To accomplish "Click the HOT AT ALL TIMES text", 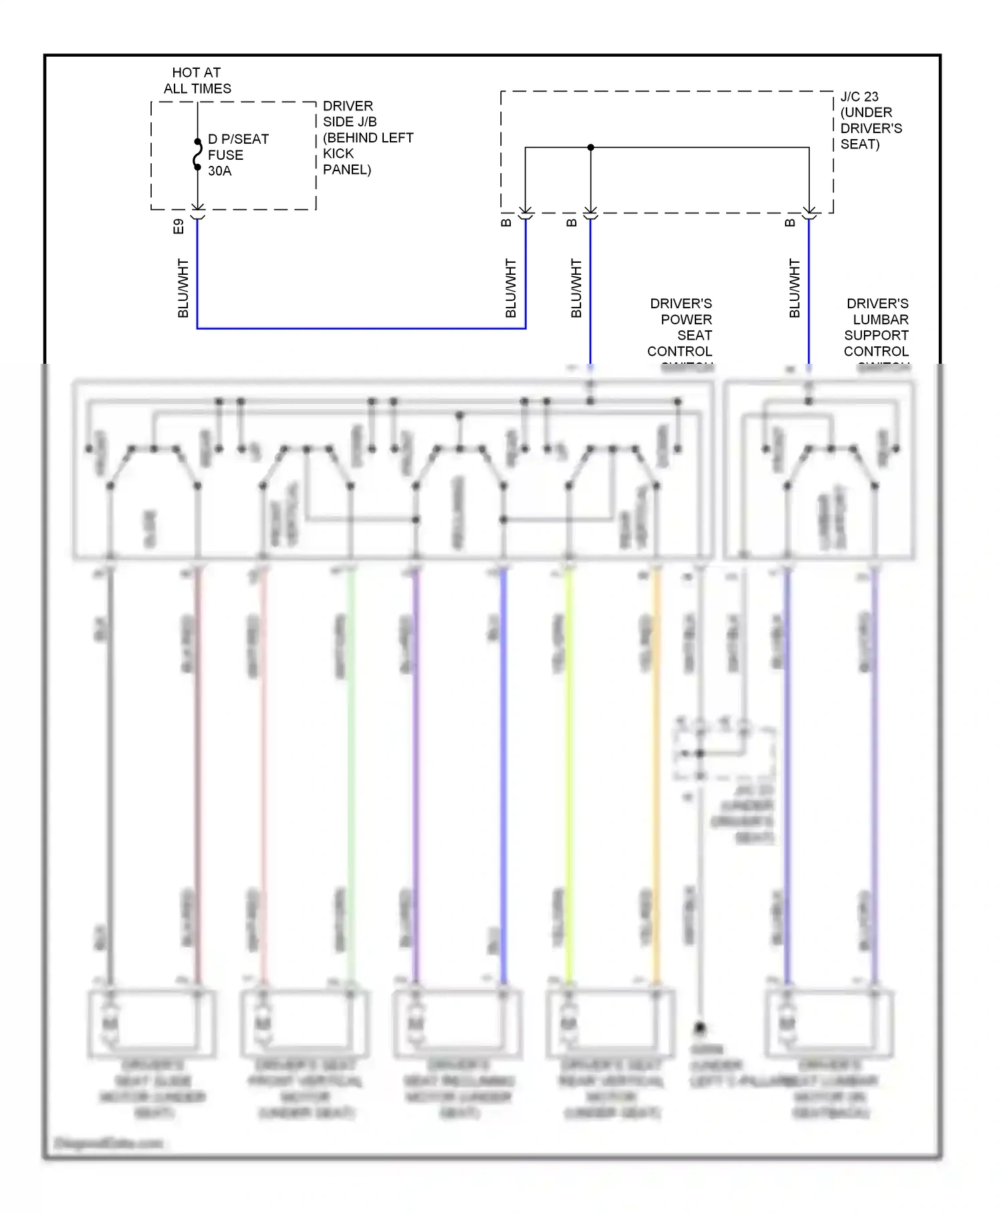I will pos(197,80).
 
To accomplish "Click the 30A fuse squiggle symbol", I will pos(197,154).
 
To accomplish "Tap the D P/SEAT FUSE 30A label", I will pos(237,154).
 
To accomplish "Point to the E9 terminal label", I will pos(178,226).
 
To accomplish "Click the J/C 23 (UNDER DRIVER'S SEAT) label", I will pos(871,120).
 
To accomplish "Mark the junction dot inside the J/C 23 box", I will pos(590,147).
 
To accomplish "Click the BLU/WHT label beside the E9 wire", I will pos(183,288).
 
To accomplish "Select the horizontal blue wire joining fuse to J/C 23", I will pos(361,328).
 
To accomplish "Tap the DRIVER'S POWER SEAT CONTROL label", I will pos(680,328).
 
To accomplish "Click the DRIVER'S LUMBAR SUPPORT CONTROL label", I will pos(877,328).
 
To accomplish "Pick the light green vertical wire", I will pos(350,776).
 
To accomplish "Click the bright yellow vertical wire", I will pos(569,776).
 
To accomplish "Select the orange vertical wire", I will pos(657,776).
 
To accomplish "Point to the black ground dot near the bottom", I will pos(700,1027).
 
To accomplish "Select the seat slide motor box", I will pos(152,1024).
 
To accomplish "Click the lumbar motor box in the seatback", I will pos(830,1024).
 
